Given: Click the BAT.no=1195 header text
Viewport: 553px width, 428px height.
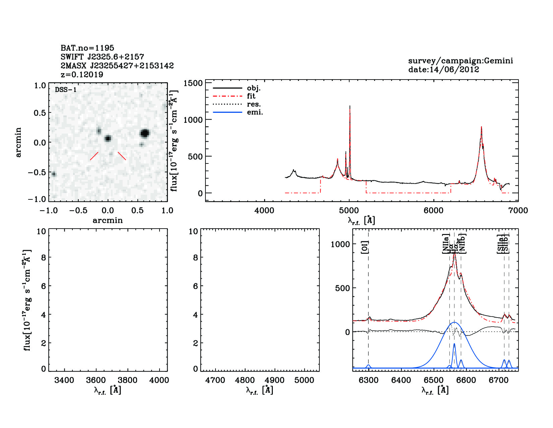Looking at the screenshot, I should click(87, 48).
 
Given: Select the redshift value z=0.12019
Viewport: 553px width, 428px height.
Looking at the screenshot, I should click(82, 75).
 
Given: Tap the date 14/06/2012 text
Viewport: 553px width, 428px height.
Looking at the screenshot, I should click(443, 69).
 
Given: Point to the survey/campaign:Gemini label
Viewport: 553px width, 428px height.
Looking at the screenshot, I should click(460, 61).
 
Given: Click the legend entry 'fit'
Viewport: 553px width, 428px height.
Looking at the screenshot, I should click(251, 96).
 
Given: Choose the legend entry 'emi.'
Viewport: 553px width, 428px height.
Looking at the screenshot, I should click(255, 112).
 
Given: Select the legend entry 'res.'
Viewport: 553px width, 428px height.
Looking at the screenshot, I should click(254, 104).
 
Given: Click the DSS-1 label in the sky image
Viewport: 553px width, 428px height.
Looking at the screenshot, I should click(66, 90).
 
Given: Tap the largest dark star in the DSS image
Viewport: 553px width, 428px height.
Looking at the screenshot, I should click(145, 133).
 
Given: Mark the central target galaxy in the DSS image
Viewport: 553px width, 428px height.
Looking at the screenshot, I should click(108, 138).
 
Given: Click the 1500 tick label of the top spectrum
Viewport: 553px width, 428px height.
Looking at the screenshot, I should click(194, 83).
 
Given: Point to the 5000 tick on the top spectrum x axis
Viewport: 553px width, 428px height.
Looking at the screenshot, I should click(349, 210).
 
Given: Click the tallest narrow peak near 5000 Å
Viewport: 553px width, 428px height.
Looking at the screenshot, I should click(350, 107).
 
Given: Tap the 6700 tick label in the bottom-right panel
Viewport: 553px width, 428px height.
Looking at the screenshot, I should click(499, 380).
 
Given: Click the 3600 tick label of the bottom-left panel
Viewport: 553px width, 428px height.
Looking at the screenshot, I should click(96, 380).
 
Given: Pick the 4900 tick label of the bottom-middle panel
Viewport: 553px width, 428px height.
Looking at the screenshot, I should click(274, 380).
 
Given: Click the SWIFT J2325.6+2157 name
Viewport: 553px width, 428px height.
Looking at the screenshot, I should click(102, 57).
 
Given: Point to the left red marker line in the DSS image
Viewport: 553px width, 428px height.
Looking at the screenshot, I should click(94, 156).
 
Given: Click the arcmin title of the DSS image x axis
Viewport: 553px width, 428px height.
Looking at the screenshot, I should click(108, 221).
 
